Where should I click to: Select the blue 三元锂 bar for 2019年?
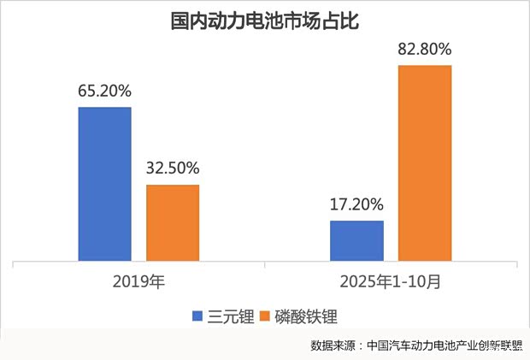[x=104, y=184]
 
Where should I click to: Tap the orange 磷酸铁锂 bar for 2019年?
[x=173, y=222]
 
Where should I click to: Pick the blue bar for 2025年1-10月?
[x=356, y=240]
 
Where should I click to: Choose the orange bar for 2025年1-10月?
[x=424, y=162]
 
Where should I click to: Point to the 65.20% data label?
[x=104, y=90]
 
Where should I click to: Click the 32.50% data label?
[x=173, y=168]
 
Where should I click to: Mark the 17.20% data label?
[x=356, y=205]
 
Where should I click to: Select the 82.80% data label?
[x=424, y=49]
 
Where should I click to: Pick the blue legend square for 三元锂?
[x=197, y=317]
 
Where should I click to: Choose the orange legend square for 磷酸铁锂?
[x=263, y=317]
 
